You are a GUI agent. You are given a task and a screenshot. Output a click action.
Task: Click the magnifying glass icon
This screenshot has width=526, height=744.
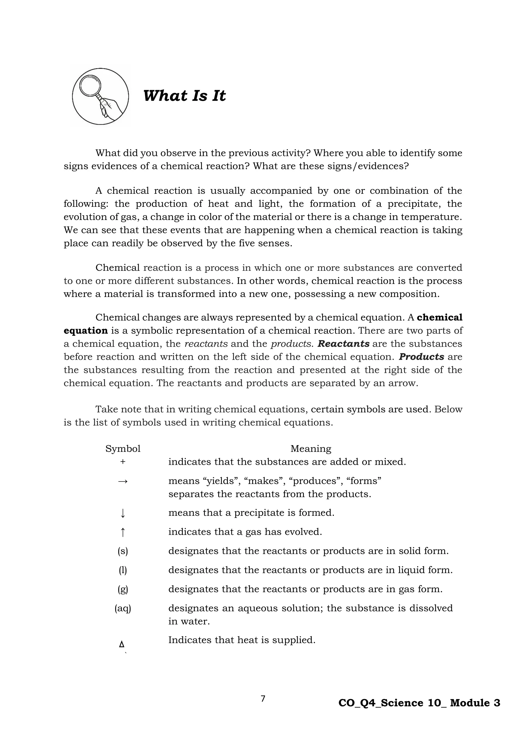click(100, 96)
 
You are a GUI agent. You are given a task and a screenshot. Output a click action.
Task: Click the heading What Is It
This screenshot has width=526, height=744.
click(184, 96)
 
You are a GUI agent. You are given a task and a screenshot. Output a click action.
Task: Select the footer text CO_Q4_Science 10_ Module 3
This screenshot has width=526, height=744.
click(419, 703)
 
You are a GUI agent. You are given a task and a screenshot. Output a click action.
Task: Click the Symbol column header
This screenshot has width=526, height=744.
click(123, 449)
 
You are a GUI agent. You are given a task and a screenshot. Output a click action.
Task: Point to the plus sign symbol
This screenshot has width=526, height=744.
click(123, 462)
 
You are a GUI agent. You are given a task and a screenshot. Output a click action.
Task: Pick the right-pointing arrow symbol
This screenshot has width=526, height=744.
click(123, 481)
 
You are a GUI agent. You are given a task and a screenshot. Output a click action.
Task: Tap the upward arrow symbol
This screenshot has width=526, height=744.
click(123, 532)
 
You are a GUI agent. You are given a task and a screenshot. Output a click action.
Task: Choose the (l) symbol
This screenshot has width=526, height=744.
click(123, 570)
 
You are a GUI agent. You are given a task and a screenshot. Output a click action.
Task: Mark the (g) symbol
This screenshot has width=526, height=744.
click(123, 589)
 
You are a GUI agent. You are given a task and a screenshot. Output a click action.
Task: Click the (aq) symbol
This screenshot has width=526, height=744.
click(123, 608)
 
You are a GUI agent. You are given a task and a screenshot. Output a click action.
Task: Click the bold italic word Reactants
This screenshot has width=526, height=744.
click(343, 343)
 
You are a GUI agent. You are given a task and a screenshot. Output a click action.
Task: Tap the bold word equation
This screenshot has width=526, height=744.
click(86, 331)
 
